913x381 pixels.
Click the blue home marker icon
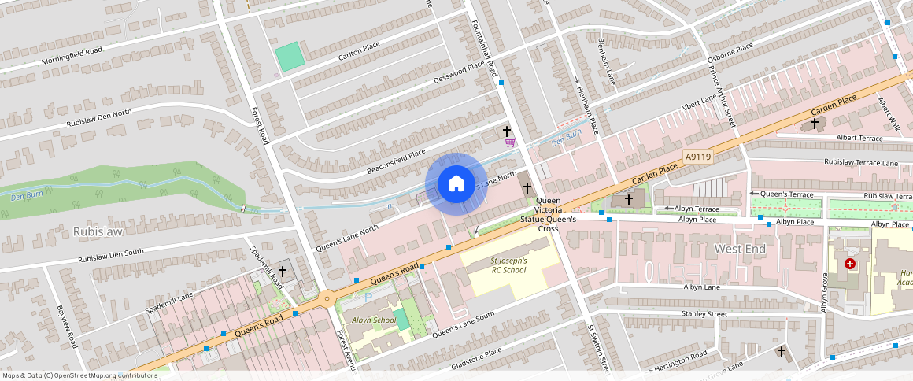pos(455,184)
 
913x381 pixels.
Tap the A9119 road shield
pos(697,157)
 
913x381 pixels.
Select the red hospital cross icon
pos(849,264)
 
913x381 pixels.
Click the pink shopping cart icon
pos(510,142)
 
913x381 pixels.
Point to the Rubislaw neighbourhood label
pos(95,232)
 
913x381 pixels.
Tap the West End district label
pos(739,249)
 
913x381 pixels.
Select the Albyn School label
pos(373,320)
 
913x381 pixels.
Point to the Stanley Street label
pos(704,314)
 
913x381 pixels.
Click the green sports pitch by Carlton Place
pos(289,56)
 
